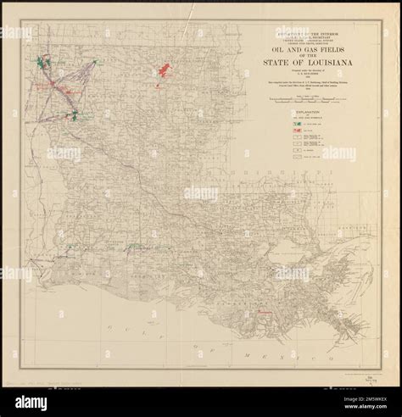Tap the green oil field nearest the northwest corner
[41, 62]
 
